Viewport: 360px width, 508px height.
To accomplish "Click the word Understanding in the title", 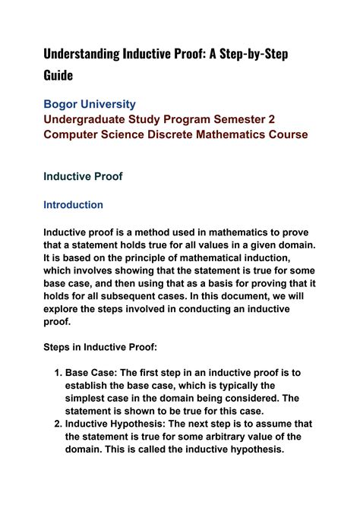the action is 81,54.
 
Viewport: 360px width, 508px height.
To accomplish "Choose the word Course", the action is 284,134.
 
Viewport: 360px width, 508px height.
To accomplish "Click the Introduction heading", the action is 73,205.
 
